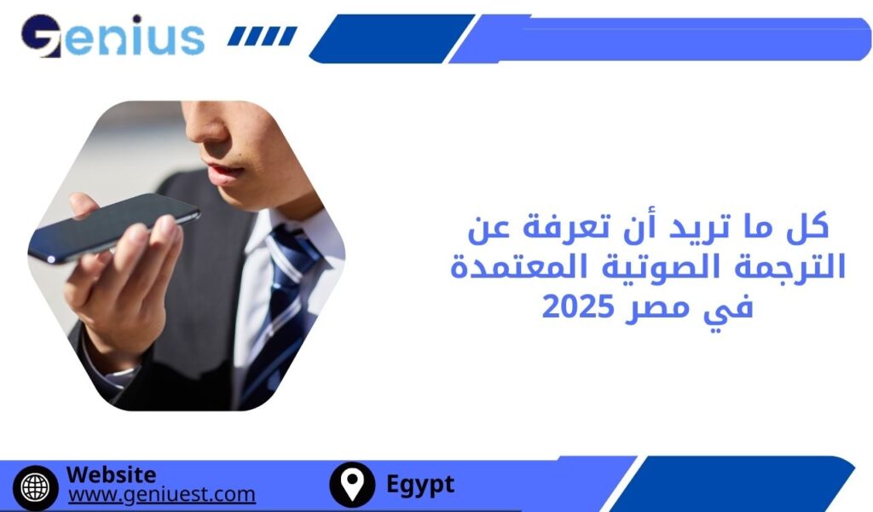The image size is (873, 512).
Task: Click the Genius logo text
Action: pos(113,37)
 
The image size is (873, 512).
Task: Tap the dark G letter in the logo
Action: pos(41,37)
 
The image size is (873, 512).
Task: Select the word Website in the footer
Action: pos(111,474)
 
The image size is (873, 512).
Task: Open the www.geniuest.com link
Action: pos(161,494)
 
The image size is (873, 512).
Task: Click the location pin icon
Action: pos(351,485)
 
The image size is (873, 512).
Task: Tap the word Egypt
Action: pos(420,485)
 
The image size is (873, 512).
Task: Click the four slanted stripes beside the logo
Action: pos(263,37)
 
